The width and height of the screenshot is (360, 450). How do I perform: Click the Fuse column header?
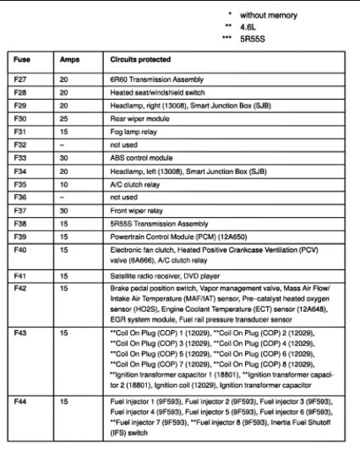[22, 61]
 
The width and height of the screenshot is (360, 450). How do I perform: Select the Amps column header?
[69, 61]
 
